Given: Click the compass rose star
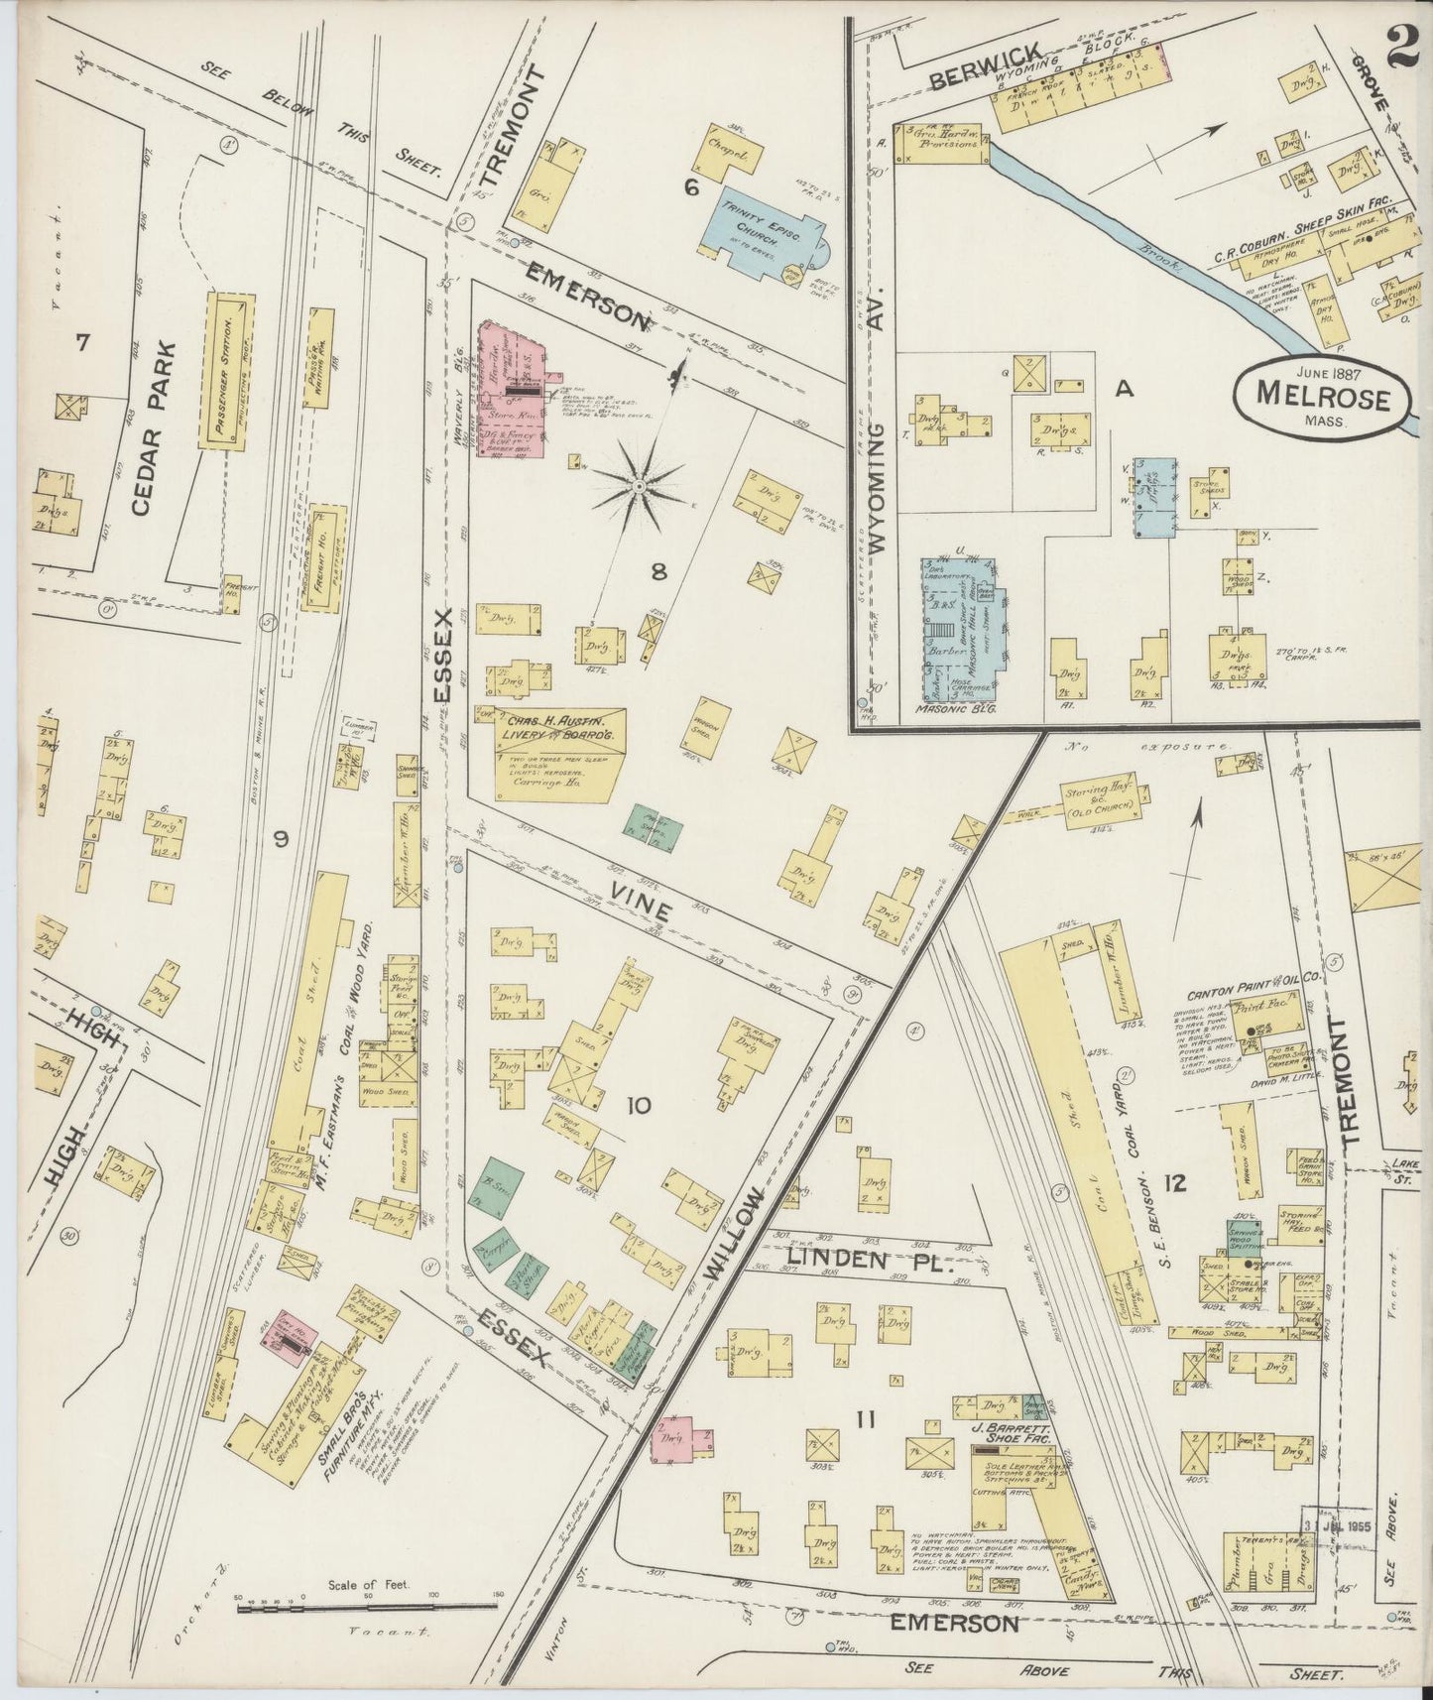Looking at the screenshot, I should pos(640,486).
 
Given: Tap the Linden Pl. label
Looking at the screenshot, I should pos(871,1261).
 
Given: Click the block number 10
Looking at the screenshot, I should pos(638,1105).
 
